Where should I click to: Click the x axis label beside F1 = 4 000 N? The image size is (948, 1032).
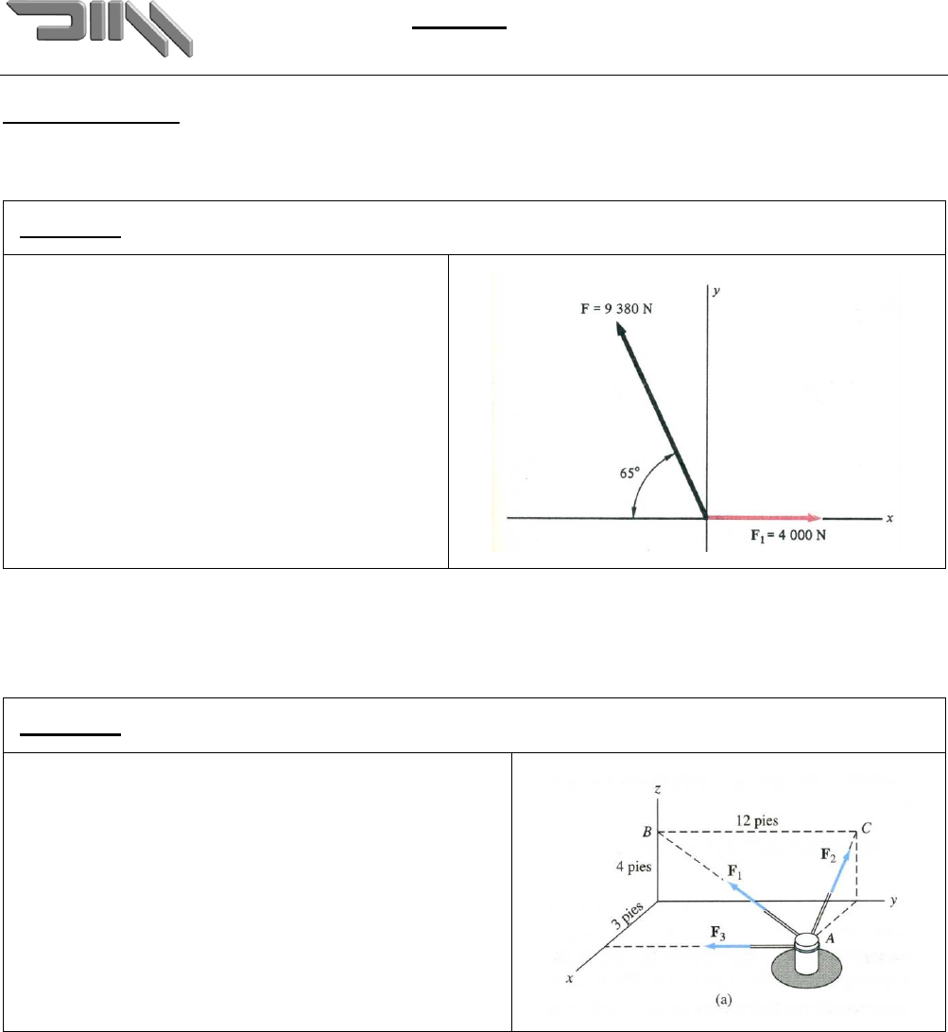tap(888, 518)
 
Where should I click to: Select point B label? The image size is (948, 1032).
tap(646, 834)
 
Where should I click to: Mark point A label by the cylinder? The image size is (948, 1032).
tap(830, 939)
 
